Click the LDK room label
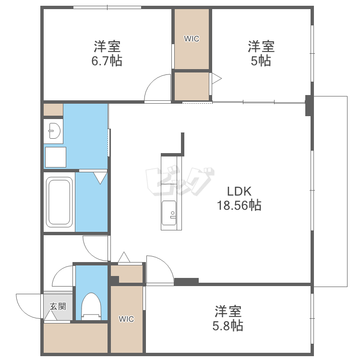click(x=239, y=191)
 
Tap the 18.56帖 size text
click(x=239, y=205)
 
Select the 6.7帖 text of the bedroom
click(x=107, y=61)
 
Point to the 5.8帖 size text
click(x=228, y=325)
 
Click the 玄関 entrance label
click(x=58, y=306)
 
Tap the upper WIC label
click(x=192, y=39)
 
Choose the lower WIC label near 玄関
click(x=127, y=319)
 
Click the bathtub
click(x=60, y=202)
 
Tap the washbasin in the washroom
click(x=53, y=130)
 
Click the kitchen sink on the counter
click(x=169, y=212)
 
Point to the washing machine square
click(x=55, y=157)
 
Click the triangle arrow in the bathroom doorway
click(x=100, y=178)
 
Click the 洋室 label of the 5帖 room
click(x=261, y=47)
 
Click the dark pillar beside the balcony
click(x=309, y=106)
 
